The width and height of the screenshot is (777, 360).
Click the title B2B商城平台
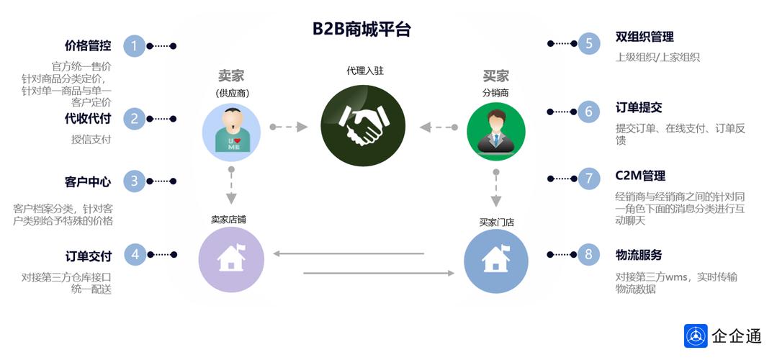coord(361,29)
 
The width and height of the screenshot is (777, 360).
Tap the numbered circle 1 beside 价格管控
coord(134,46)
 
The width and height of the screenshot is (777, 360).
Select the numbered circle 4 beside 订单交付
coord(134,254)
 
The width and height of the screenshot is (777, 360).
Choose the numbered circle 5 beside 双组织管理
coord(588,44)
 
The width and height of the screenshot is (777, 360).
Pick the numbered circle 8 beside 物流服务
coord(588,254)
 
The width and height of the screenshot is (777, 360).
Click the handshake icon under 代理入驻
coord(361,127)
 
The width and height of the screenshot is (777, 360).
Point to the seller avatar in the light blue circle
coord(231,130)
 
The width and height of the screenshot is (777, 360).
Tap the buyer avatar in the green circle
coord(495,130)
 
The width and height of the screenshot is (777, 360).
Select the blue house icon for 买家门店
coord(495,261)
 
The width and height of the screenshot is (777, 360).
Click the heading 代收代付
coord(88,119)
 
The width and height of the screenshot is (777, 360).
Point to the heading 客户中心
coord(88,181)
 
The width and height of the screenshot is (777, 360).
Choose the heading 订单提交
coord(639,108)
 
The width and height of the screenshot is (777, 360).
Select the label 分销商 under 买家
coord(495,93)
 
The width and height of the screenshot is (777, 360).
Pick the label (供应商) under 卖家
coord(231,94)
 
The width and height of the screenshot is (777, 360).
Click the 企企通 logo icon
coord(696,336)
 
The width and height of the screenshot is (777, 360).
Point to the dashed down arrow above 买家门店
coord(495,189)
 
